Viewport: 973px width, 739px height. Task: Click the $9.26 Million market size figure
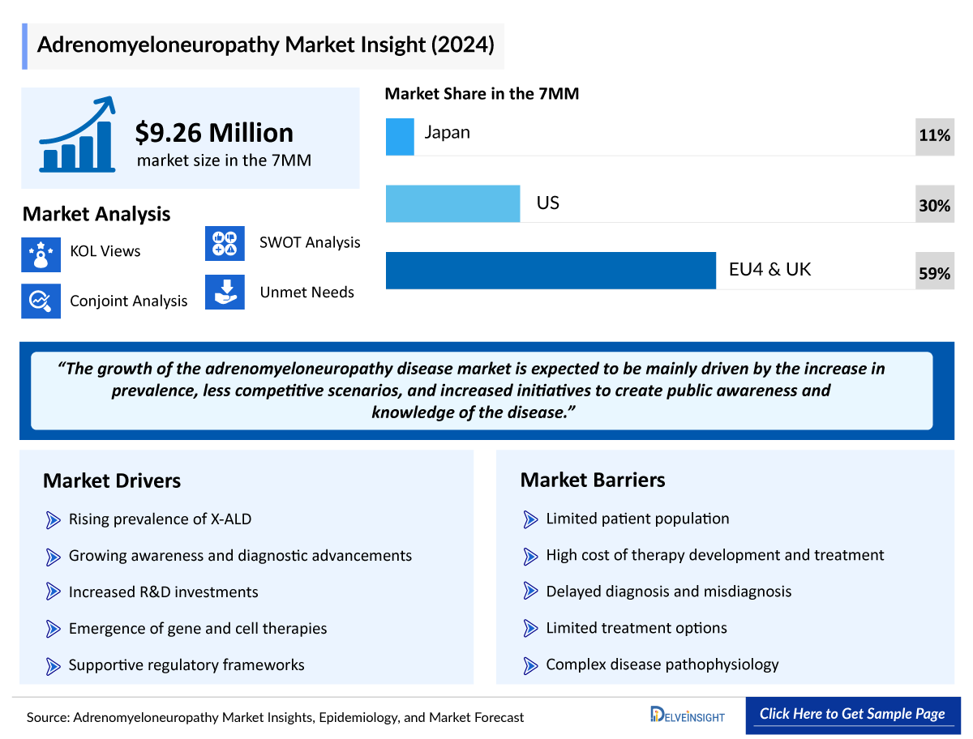tap(214, 133)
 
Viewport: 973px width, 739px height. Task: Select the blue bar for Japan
tap(400, 136)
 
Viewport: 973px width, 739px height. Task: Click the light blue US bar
tap(452, 203)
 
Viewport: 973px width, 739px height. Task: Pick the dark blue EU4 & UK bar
tap(551, 270)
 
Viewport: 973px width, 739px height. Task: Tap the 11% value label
tap(934, 136)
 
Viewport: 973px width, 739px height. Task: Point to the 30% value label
tap(934, 206)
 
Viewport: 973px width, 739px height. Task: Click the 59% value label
tap(934, 273)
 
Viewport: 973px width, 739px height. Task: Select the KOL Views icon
tap(41, 253)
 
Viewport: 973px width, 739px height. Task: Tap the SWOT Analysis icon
tap(225, 243)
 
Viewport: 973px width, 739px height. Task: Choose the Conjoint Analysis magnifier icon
tap(41, 301)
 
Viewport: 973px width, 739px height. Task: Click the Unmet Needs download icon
tap(225, 293)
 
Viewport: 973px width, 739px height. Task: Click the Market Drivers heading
tap(112, 481)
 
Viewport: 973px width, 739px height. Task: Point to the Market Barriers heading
tap(593, 480)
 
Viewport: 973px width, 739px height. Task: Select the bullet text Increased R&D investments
tap(163, 592)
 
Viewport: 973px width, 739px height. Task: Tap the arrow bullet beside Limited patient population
tap(530, 519)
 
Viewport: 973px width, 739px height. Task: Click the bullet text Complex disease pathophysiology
tap(662, 664)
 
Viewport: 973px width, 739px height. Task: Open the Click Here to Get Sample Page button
tap(852, 714)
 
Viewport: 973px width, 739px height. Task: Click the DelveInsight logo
tap(688, 716)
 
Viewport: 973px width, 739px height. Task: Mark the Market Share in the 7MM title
tap(482, 94)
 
